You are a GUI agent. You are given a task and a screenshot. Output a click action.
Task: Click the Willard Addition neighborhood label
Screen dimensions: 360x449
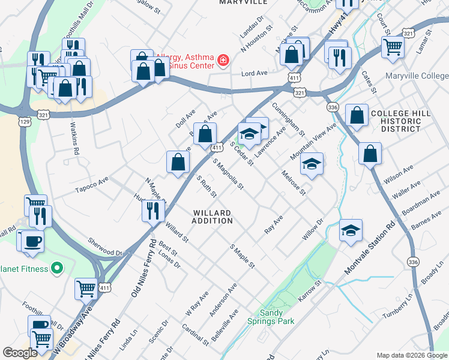click(212, 217)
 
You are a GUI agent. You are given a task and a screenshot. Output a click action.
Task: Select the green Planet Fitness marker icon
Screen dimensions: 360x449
click(58, 268)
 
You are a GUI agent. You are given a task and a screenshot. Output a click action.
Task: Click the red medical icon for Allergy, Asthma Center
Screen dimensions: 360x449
click(223, 59)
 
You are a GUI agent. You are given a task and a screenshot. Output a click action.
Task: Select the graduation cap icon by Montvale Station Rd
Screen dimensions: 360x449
click(351, 229)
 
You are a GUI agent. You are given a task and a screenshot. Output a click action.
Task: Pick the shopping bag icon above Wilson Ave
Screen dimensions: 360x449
click(370, 153)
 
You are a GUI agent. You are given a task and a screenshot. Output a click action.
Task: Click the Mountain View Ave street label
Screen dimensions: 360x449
click(313, 142)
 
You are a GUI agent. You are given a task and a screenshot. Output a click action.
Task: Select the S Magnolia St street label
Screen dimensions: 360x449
click(228, 173)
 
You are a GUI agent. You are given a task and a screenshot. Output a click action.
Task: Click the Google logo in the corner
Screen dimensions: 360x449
click(20, 353)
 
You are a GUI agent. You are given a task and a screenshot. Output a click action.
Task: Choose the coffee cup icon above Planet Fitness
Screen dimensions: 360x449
click(32, 241)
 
